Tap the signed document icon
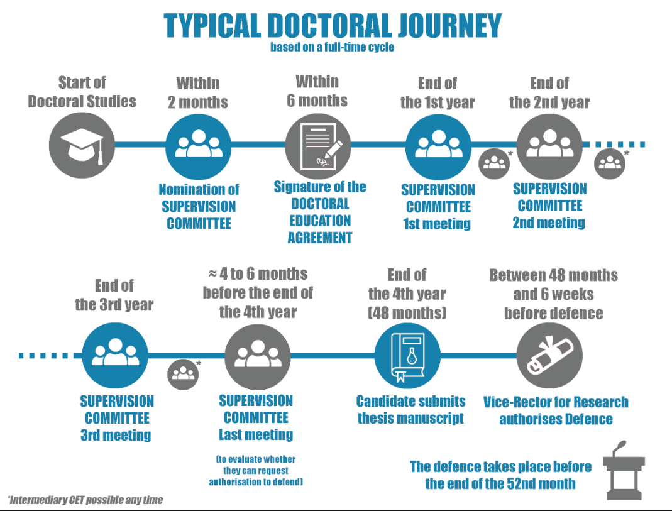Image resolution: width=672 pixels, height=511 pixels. click(319, 146)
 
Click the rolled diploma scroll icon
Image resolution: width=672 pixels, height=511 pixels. click(549, 357)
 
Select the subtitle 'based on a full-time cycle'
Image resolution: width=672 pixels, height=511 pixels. click(333, 47)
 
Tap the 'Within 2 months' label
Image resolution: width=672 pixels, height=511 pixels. click(198, 92)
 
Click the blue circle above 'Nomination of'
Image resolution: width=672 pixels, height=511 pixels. click(198, 146)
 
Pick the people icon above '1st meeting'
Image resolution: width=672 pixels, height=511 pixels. click(438, 146)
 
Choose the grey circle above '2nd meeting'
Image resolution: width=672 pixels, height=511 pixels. click(549, 146)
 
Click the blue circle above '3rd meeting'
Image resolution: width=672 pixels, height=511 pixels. click(115, 355)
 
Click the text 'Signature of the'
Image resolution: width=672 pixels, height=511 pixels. click(320, 187)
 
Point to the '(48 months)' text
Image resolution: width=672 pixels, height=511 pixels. click(407, 312)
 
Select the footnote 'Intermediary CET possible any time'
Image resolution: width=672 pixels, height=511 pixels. click(85, 500)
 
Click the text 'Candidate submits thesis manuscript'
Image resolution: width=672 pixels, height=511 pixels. click(411, 410)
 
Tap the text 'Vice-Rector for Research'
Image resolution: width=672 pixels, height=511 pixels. click(556, 402)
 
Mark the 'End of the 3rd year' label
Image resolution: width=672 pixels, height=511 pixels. click(114, 295)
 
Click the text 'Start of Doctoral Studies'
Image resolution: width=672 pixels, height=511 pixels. click(82, 92)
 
